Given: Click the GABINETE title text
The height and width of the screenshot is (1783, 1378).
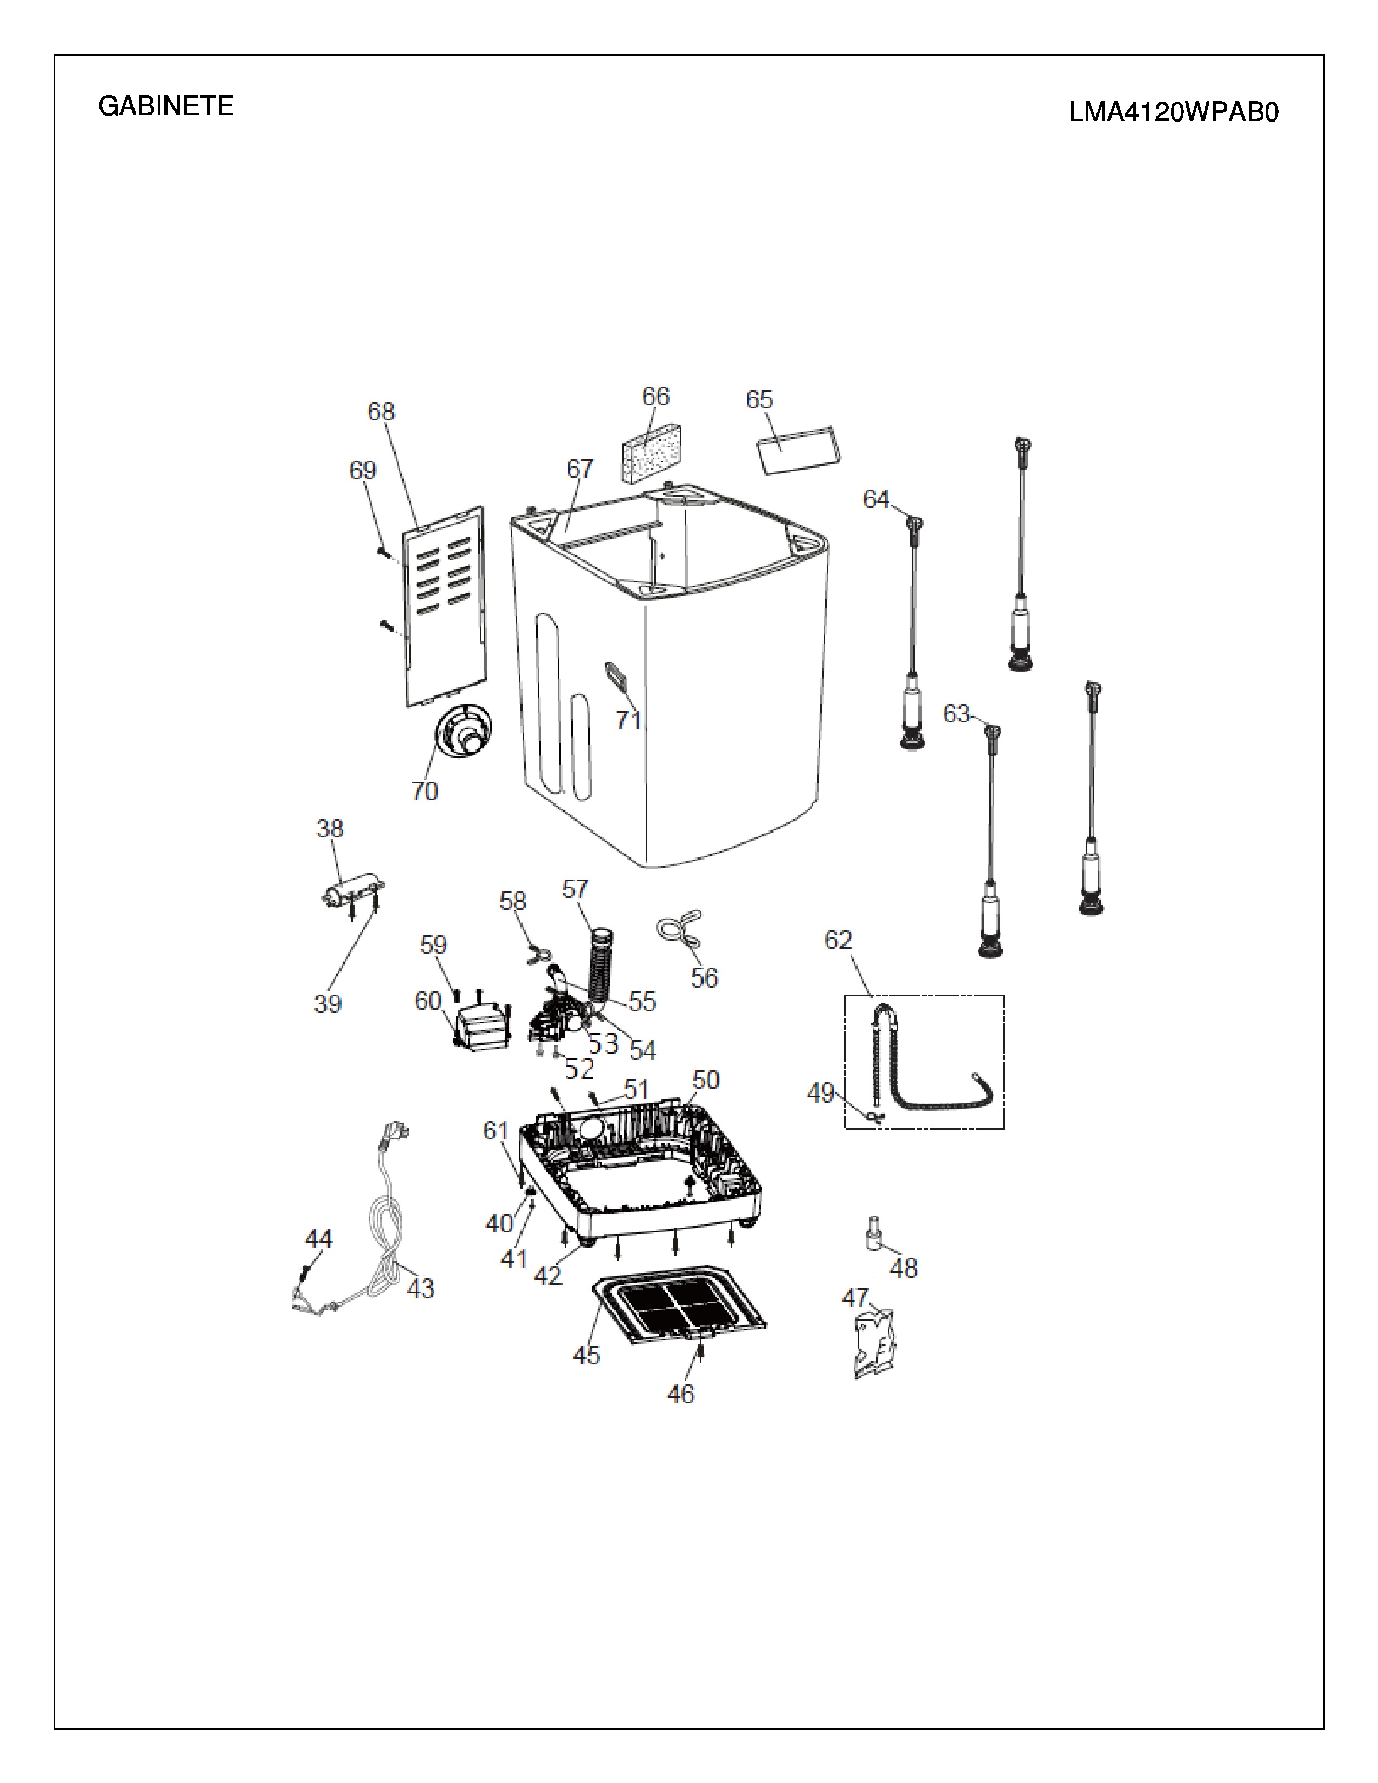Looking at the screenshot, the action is point(166,106).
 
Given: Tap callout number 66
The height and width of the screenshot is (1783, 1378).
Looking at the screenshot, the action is point(655,397).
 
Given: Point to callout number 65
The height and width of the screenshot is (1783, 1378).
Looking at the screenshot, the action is point(759,400).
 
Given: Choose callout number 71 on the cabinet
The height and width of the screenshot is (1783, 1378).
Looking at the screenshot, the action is point(628,720).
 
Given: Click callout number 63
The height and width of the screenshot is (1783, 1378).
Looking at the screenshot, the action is point(956,714).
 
